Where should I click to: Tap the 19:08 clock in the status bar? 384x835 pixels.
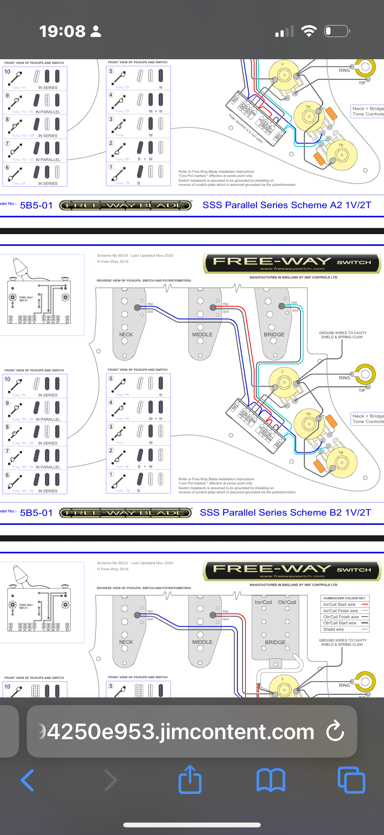62,32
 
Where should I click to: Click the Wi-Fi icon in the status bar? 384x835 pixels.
309,31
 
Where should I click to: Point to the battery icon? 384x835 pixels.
337,31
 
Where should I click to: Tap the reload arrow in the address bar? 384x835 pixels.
335,731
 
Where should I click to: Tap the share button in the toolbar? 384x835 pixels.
190,780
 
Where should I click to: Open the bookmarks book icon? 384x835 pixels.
271,780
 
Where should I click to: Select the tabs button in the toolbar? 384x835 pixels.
351,780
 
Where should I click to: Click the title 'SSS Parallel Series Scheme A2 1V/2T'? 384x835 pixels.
287,205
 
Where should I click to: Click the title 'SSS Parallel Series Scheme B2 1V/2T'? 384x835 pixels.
285,512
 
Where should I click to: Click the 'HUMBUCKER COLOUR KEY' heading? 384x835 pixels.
344,598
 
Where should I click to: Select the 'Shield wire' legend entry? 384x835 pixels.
333,629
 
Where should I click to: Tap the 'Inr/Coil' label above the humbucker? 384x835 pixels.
263,602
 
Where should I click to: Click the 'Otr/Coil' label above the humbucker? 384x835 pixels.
287,602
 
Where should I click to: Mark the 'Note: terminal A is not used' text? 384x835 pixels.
245,128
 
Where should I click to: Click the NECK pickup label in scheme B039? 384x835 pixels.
126,334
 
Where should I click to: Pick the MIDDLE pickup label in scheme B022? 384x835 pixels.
202,642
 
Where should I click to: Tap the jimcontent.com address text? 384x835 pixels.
180,732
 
